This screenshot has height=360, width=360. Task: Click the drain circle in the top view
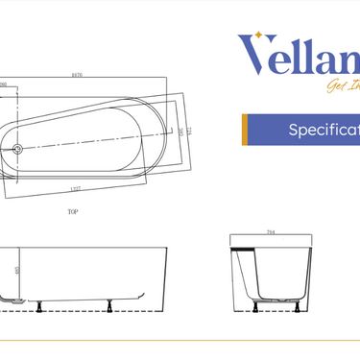(16, 149)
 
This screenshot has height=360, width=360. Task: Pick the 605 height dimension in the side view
(19, 272)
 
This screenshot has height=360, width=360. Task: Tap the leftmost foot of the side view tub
(37, 308)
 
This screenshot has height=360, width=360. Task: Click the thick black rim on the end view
(245, 249)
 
